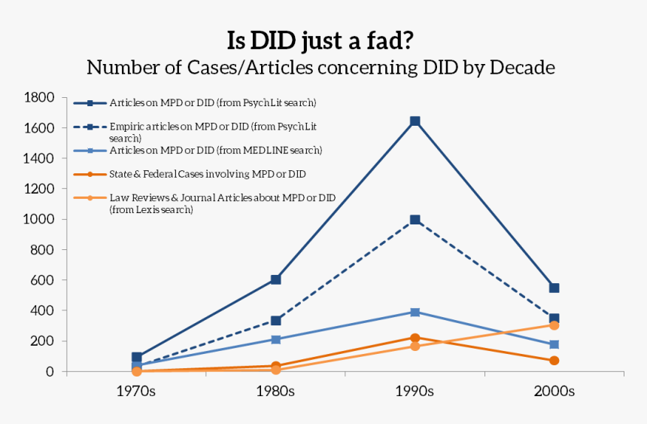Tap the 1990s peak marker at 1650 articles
point(415,121)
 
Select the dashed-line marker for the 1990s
point(415,220)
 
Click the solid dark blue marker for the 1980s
point(275,279)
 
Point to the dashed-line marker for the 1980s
point(275,321)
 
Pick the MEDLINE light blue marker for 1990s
point(415,312)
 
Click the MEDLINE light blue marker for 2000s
point(554,344)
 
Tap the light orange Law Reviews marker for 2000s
point(554,325)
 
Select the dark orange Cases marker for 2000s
point(554,361)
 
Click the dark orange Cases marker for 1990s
point(415,338)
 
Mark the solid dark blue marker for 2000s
point(554,288)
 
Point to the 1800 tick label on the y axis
point(38,98)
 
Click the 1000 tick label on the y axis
point(38,220)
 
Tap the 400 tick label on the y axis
point(42,310)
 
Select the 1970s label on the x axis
point(136,392)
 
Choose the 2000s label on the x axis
point(554,392)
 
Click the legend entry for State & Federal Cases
point(207,174)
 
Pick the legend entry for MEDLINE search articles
point(215,151)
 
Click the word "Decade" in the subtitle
point(523,68)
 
